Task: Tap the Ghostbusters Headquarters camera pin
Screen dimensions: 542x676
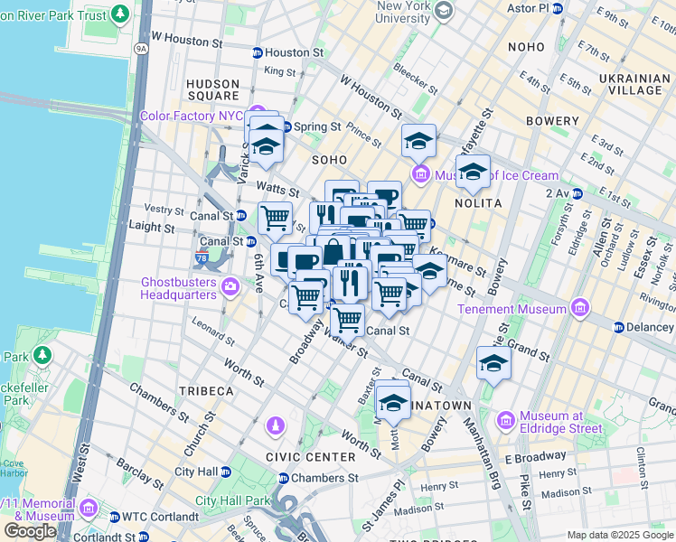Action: [x=230, y=287]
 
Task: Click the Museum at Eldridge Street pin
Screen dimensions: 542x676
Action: [x=505, y=421]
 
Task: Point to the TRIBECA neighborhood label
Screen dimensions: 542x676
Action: [x=206, y=391]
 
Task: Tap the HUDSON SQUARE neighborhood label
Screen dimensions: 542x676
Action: [x=212, y=89]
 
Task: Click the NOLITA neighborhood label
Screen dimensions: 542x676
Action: [x=478, y=203]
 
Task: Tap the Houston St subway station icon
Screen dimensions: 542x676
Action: [x=257, y=53]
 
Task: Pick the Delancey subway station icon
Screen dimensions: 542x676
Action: [x=619, y=327]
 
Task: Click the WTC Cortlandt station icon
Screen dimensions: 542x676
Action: [x=114, y=517]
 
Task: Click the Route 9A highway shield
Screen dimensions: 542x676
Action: [x=140, y=48]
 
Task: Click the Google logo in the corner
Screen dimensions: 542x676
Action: [x=30, y=531]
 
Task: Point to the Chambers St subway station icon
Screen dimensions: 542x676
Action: [x=283, y=478]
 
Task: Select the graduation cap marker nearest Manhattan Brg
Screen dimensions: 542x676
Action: [x=493, y=363]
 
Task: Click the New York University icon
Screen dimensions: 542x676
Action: [x=443, y=11]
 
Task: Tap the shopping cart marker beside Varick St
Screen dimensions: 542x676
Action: [x=275, y=217]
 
